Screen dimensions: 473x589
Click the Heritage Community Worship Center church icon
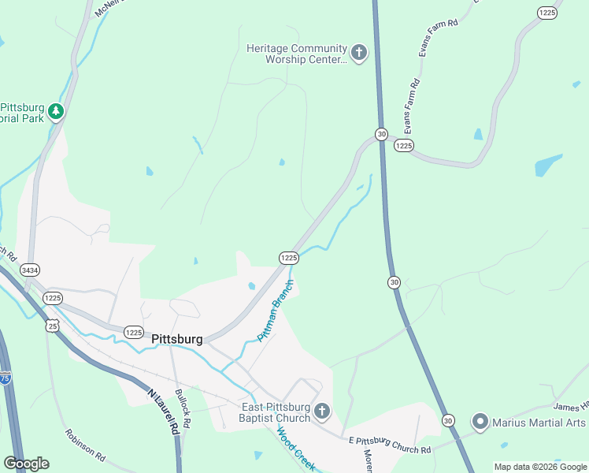pyautogui.click(x=358, y=54)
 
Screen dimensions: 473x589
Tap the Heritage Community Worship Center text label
pyautogui.click(x=296, y=54)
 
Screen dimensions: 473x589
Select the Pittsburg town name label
pyautogui.click(x=177, y=339)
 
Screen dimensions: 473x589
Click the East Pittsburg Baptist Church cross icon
pyautogui.click(x=322, y=411)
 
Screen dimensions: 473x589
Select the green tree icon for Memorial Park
pyautogui.click(x=55, y=112)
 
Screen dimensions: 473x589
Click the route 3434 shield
pyautogui.click(x=31, y=270)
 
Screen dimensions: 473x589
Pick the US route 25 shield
pyautogui.click(x=52, y=325)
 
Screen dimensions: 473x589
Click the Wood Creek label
pyautogui.click(x=294, y=450)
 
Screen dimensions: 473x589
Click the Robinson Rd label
pyautogui.click(x=85, y=445)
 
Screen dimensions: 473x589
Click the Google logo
pyautogui.click(x=26, y=464)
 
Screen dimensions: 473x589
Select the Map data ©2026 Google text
pyautogui.click(x=540, y=467)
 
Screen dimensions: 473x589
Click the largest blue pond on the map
pyautogui.click(x=548, y=166)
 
